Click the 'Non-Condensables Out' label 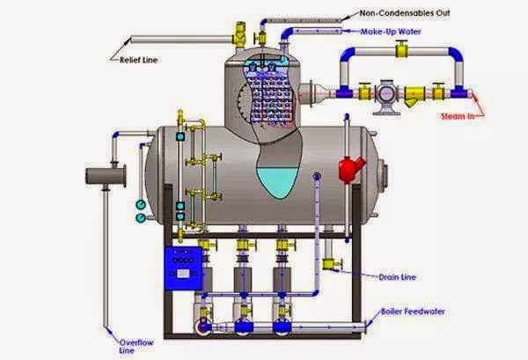point(409,13)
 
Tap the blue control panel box point(185,266)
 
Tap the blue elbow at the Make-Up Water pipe point(289,33)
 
